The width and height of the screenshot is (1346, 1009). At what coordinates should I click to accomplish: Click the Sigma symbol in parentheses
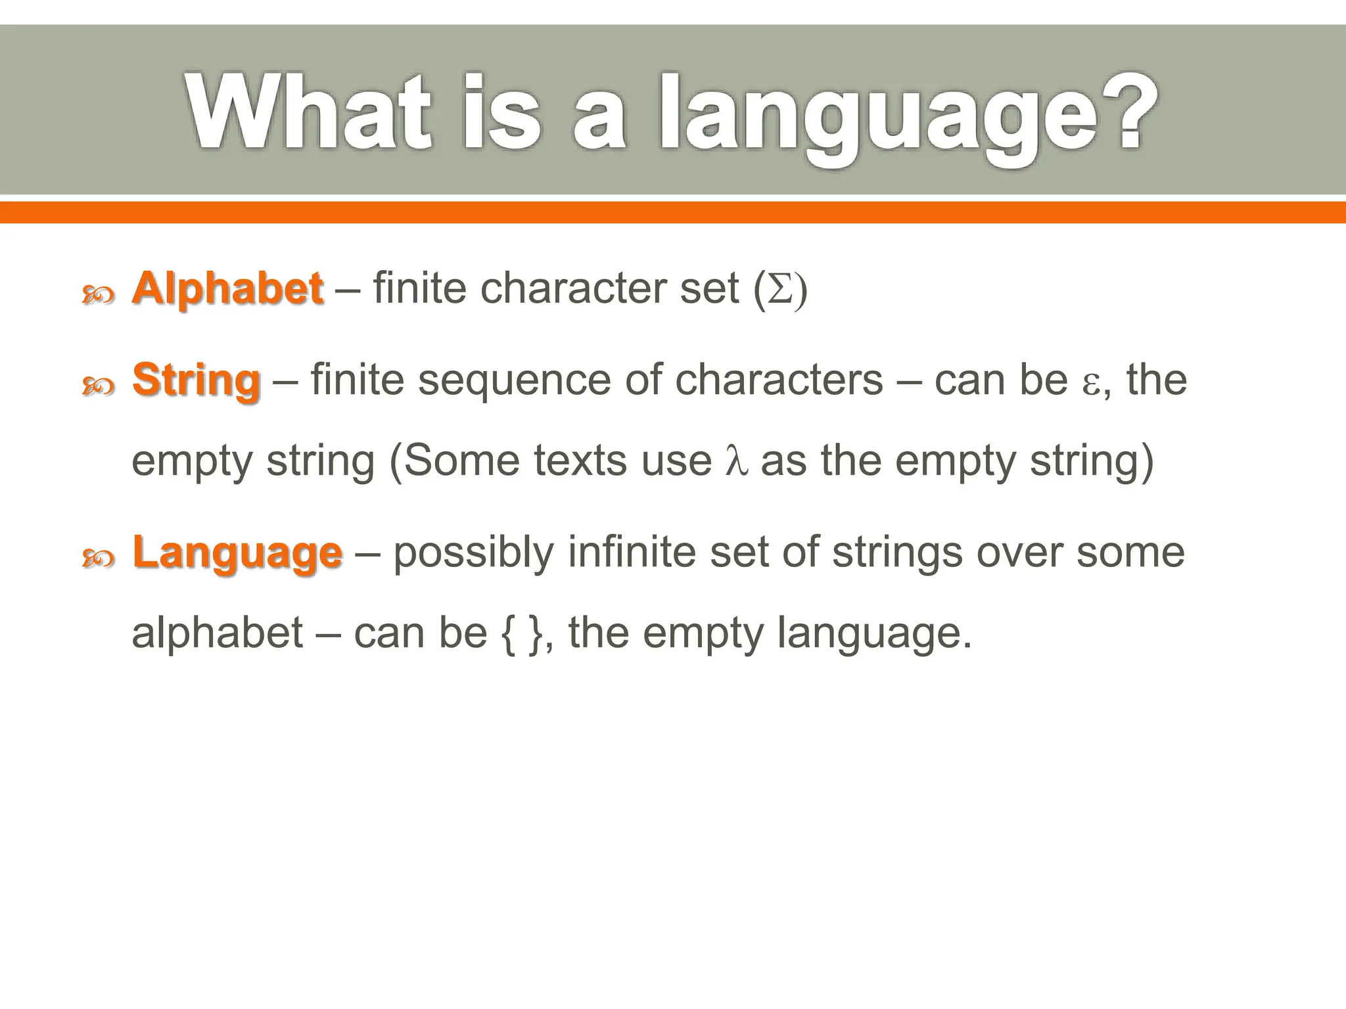(780, 289)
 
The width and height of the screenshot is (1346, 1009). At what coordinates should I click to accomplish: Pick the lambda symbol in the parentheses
(735, 461)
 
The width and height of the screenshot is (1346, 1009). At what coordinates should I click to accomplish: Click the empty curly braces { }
(522, 633)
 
